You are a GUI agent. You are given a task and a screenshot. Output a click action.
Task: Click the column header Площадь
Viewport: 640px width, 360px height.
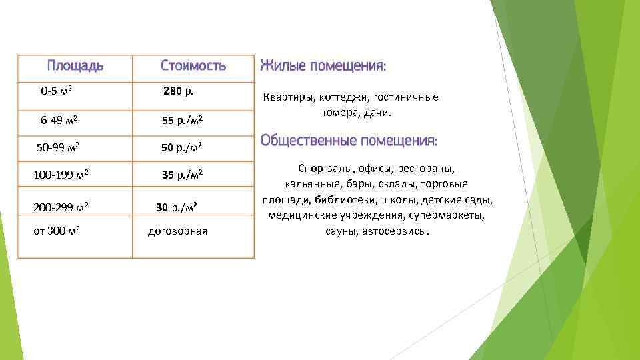tap(75, 65)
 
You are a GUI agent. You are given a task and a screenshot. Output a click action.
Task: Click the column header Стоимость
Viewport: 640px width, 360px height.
tap(193, 65)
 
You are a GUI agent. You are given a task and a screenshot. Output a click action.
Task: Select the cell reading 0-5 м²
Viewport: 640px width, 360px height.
tap(57, 91)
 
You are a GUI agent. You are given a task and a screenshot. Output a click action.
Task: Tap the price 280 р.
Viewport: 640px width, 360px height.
tap(178, 91)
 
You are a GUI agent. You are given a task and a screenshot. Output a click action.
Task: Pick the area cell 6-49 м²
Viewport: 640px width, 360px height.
tap(59, 120)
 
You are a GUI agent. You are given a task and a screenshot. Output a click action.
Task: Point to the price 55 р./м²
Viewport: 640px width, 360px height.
tap(182, 121)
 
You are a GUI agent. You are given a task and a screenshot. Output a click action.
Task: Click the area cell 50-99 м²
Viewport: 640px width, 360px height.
tap(59, 147)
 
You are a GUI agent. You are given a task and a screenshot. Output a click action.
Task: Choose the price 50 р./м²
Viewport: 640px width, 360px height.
tap(182, 147)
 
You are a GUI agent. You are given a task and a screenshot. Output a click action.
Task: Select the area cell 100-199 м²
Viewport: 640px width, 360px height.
tap(61, 175)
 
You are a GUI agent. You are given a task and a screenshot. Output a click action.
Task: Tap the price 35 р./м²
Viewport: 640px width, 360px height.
tap(182, 175)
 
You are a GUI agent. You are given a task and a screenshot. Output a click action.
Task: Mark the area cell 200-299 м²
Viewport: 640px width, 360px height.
tap(61, 207)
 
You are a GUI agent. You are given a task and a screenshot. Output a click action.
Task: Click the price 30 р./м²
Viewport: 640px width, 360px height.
tap(177, 207)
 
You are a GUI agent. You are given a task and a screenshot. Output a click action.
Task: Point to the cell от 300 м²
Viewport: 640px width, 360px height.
tap(57, 231)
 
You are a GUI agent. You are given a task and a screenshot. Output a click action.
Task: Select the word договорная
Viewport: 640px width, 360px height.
tap(177, 231)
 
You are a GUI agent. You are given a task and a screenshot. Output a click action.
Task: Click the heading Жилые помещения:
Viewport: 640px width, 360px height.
tap(323, 65)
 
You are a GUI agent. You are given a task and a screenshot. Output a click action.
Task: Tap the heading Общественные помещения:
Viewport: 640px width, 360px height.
tap(349, 141)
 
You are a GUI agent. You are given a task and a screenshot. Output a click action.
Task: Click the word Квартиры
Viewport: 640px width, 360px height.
tap(285, 97)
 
